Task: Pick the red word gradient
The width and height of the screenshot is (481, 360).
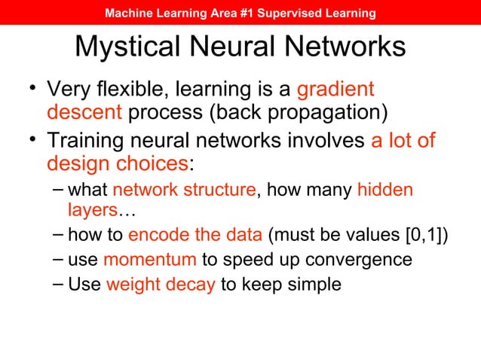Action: (335, 90)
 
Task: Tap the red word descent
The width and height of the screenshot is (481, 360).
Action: (84, 114)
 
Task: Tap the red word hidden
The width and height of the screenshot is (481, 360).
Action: (385, 191)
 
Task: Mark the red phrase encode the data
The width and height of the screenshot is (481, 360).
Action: (195, 235)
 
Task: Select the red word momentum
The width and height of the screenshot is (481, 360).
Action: (150, 261)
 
